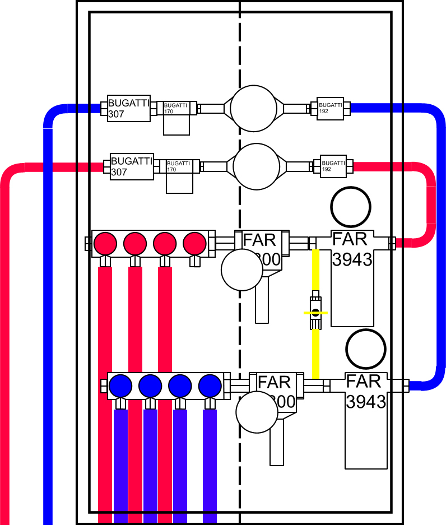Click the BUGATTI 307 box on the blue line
pyautogui.click(x=129, y=108)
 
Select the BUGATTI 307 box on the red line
pyautogui.click(x=132, y=166)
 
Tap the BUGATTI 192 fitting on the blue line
pyautogui.click(x=330, y=107)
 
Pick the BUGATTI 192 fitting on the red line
pyautogui.click(x=332, y=166)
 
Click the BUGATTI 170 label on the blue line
pyautogui.click(x=176, y=108)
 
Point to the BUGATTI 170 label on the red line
pyautogui.click(x=179, y=166)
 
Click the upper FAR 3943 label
pyautogui.click(x=351, y=249)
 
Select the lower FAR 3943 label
pyautogui.click(x=365, y=392)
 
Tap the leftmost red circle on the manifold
pyautogui.click(x=105, y=243)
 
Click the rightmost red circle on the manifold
pyautogui.click(x=195, y=243)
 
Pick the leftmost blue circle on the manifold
pyautogui.click(x=120, y=385)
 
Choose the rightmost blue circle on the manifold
pyautogui.click(x=210, y=385)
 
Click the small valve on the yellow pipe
pyautogui.click(x=315, y=312)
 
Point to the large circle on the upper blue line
pyautogui.click(x=253, y=108)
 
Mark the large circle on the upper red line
pyautogui.click(x=256, y=166)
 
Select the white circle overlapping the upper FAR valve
pyautogui.click(x=242, y=270)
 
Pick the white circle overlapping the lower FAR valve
pyautogui.click(x=257, y=412)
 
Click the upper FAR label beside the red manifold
pyautogui.click(x=259, y=240)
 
